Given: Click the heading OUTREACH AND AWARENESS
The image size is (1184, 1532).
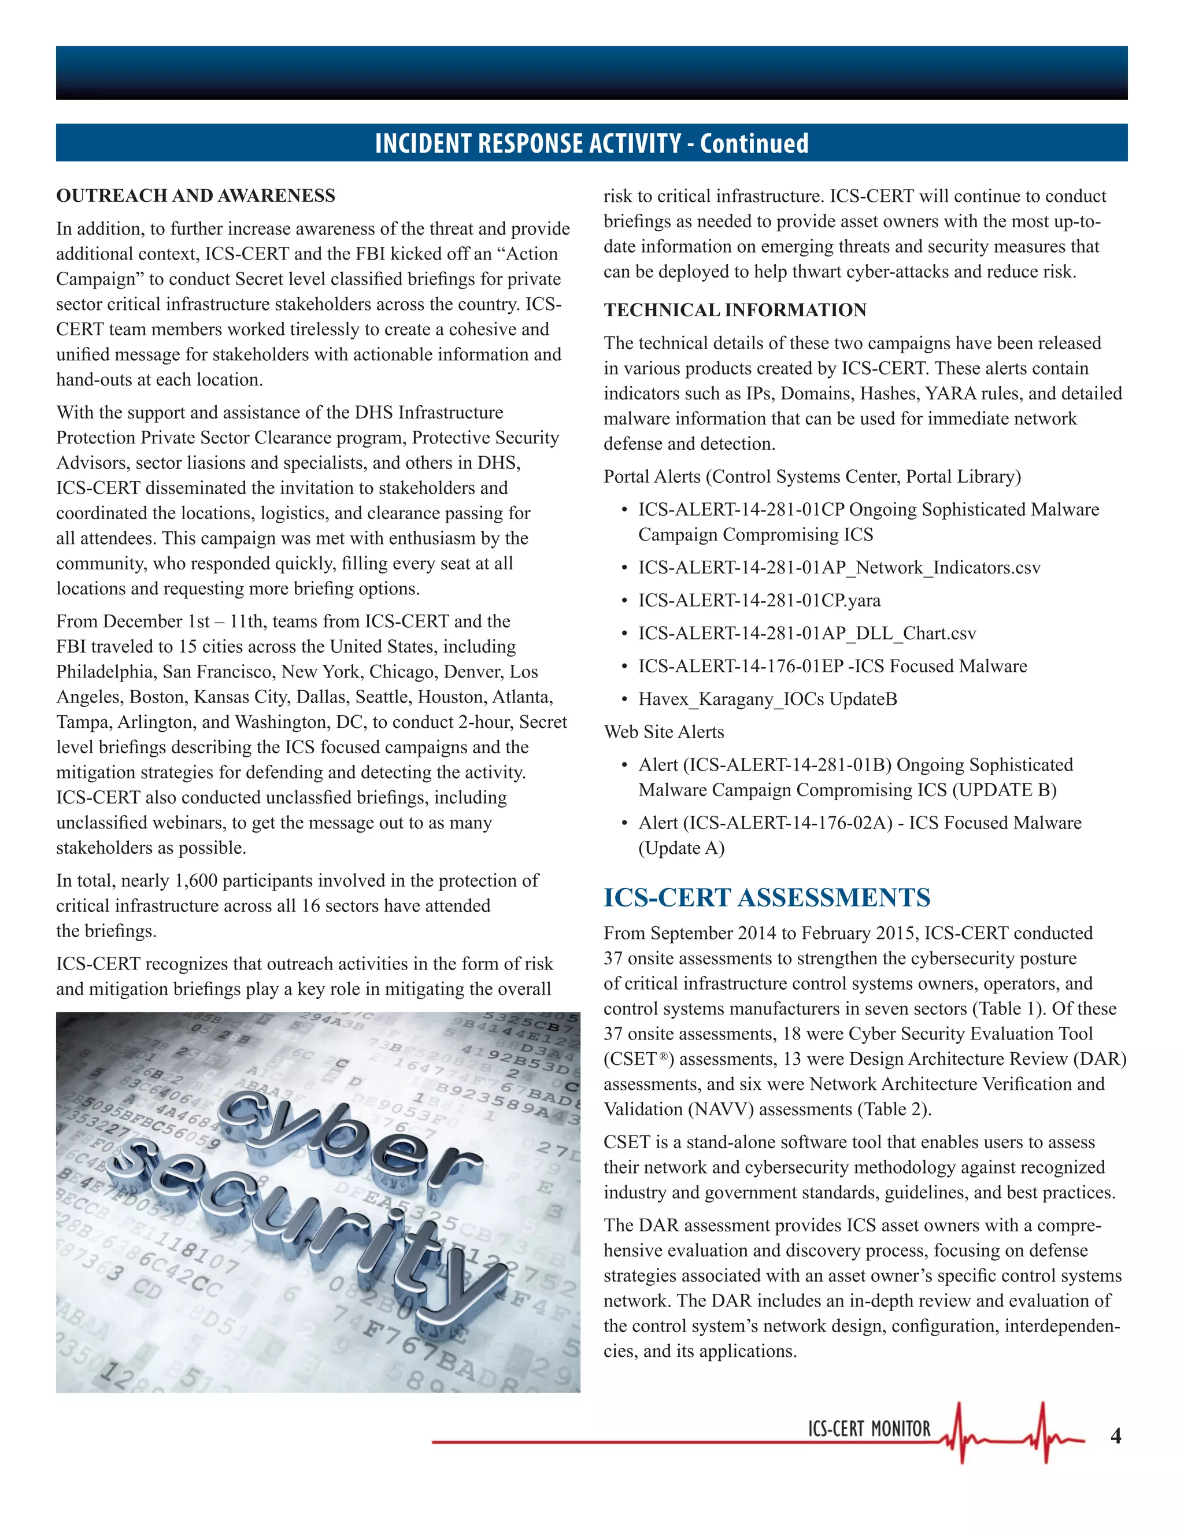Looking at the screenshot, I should pos(196,196).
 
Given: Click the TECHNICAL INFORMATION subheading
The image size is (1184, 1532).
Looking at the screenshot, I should pos(734,310).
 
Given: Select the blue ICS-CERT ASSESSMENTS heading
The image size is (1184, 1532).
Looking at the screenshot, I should pos(767,897).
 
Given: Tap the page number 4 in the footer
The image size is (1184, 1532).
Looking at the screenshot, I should pos(1115,1436).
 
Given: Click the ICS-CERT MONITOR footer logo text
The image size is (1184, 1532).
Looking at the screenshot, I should pos(869,1429).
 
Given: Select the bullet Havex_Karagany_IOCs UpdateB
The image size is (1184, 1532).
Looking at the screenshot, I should pos(767,699).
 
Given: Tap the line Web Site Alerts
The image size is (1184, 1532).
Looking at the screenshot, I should pos(664,732).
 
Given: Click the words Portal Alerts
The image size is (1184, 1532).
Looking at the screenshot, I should pos(652,476).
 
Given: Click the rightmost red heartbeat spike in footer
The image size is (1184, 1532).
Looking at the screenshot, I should pos(1044,1431).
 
